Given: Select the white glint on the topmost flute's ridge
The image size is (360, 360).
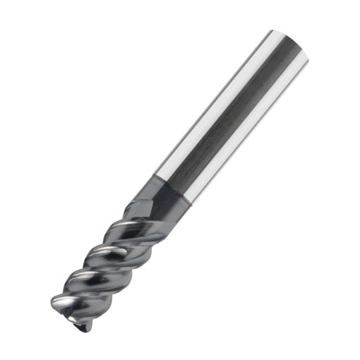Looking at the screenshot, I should pos(134,222).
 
